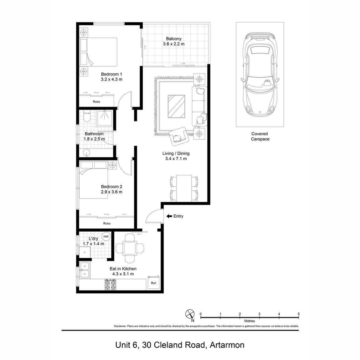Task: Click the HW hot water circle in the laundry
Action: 106,237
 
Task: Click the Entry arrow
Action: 169,216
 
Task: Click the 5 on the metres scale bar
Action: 299,314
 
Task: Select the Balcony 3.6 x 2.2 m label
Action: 174,41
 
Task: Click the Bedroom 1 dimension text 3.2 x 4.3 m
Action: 111,80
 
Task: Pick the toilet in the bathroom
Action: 87,117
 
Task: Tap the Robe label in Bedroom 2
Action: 107,224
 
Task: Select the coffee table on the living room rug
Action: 176,106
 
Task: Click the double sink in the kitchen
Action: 85,270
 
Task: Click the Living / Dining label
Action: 176,153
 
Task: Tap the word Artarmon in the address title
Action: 227,345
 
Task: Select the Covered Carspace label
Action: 260,136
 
